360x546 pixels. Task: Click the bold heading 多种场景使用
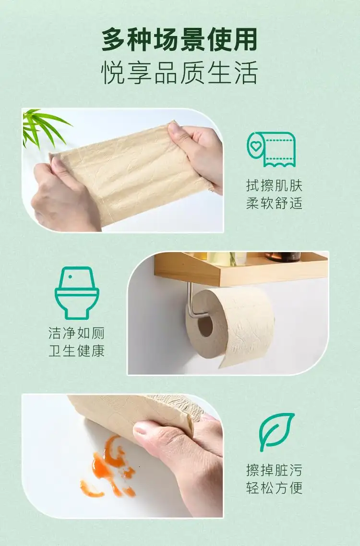180,39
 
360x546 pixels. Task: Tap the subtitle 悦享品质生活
180,72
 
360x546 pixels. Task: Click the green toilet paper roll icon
271,149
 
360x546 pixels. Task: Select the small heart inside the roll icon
256,146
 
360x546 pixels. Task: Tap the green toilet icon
77,293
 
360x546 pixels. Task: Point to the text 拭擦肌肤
274,185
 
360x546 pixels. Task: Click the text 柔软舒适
274,203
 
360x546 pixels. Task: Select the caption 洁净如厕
77,333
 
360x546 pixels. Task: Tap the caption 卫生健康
77,351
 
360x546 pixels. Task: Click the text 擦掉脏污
274,470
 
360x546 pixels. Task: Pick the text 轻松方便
274,487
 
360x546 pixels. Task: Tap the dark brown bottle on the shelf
283,257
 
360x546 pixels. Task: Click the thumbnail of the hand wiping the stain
122,456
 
